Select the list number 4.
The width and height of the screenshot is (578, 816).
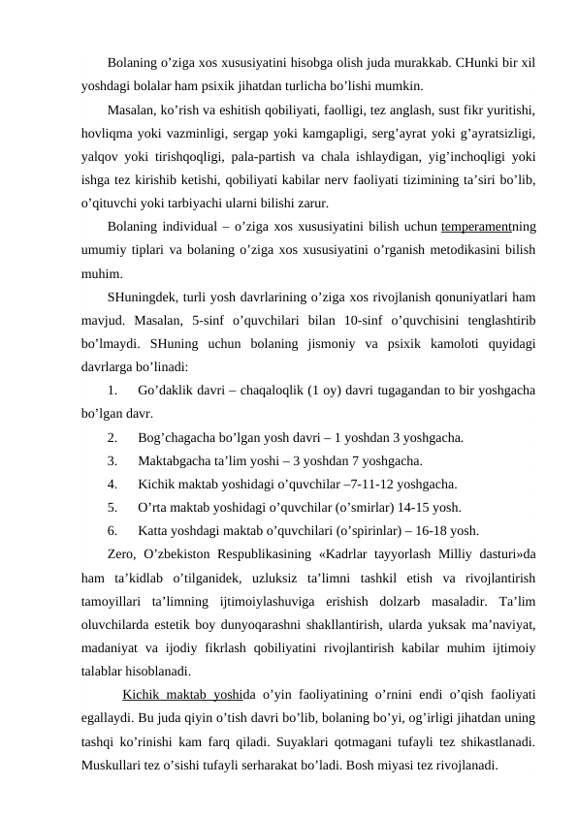click(x=113, y=484)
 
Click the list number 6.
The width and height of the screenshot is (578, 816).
click(x=113, y=529)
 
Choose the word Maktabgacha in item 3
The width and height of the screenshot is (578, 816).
click(x=177, y=460)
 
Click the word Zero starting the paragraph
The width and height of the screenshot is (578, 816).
click(x=121, y=554)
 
